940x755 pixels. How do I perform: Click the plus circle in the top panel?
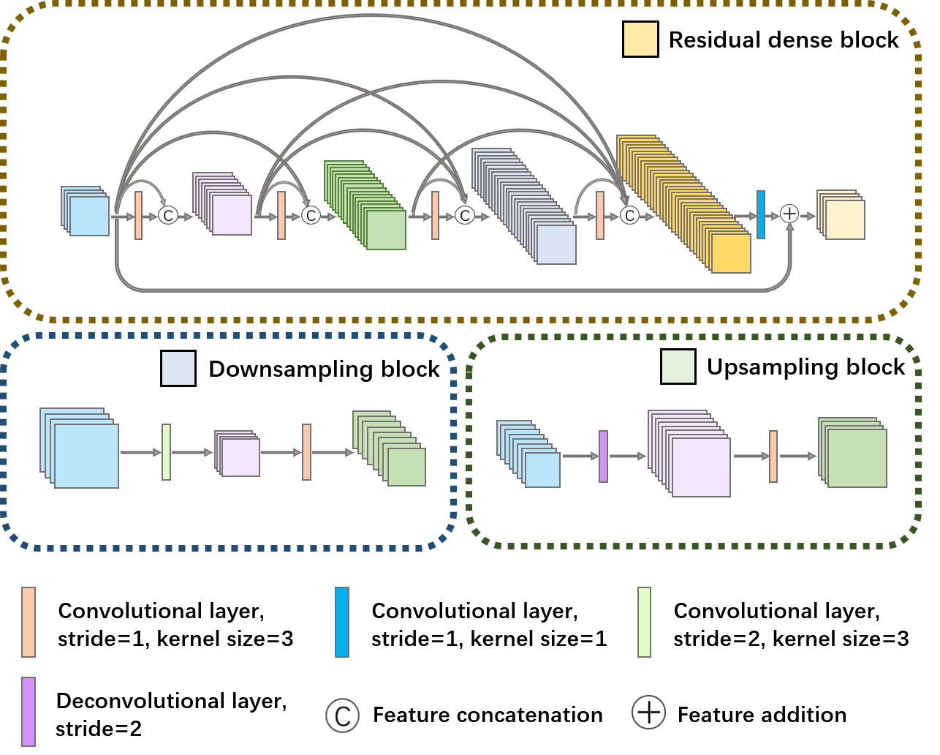(x=789, y=214)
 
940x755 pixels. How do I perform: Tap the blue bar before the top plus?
(x=761, y=214)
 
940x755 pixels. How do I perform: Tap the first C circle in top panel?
(x=168, y=215)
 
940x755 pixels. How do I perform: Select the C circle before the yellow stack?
(x=629, y=215)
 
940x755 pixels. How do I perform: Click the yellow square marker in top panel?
(x=640, y=40)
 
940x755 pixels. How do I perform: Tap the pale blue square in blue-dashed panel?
(x=178, y=368)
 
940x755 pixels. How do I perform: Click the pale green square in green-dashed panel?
(x=678, y=367)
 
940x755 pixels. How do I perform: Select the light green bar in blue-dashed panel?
(x=166, y=452)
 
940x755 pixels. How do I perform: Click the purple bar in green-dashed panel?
(x=603, y=457)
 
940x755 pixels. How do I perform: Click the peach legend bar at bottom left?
(x=29, y=622)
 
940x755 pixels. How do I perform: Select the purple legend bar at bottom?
(x=29, y=711)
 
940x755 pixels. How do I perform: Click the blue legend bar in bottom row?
(x=342, y=622)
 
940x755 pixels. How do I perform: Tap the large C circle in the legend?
(x=342, y=715)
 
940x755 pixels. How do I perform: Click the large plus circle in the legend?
(x=648, y=712)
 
